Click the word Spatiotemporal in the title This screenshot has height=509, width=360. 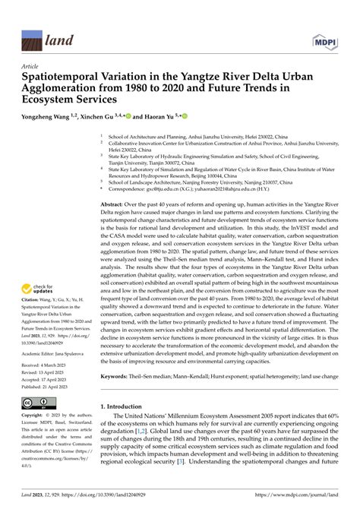[60, 77]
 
